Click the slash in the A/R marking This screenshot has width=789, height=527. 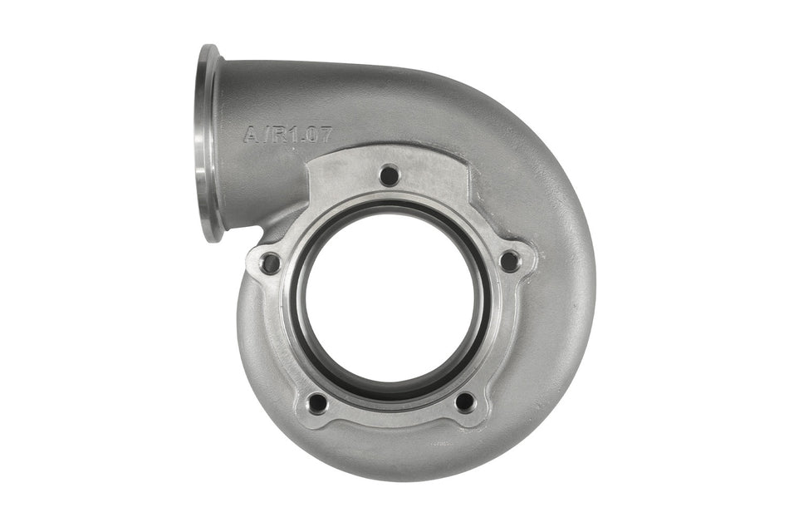click(262, 133)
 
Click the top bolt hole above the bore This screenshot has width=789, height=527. click(388, 175)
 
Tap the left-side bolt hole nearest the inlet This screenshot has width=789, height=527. click(270, 264)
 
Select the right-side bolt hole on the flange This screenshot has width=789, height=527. click(508, 261)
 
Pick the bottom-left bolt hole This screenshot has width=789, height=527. click(317, 403)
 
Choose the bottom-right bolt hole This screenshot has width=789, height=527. click(465, 401)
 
